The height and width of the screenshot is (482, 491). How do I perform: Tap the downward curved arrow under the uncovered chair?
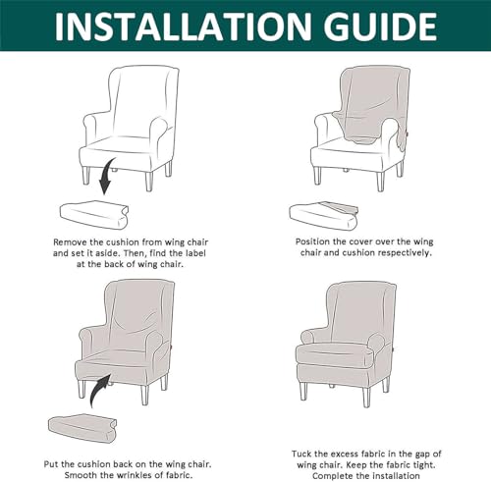click(x=108, y=176)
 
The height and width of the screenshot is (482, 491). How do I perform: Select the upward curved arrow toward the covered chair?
click(x=99, y=391)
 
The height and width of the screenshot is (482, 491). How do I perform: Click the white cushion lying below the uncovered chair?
click(x=94, y=215)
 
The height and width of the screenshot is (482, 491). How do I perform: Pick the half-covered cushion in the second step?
click(x=323, y=216)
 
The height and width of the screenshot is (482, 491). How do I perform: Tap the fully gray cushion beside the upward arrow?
click(x=82, y=429)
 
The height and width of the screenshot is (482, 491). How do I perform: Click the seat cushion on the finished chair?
click(x=335, y=354)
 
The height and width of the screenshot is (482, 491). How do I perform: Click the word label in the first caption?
click(x=195, y=253)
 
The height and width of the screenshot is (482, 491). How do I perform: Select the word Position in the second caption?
click(x=312, y=241)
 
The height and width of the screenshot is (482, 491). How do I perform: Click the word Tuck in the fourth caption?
click(x=301, y=454)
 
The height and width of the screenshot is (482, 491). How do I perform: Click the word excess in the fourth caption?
click(x=345, y=455)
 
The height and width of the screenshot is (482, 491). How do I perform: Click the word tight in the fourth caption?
click(x=422, y=464)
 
